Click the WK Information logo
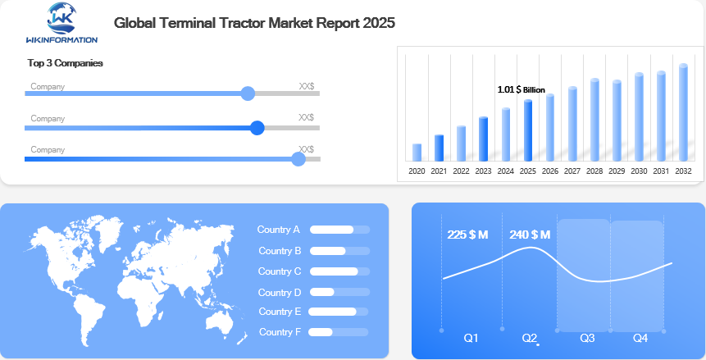click(x=61, y=22)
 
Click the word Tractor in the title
click(x=239, y=23)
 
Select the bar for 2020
click(x=417, y=152)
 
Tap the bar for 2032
click(x=683, y=112)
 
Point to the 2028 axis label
click(x=594, y=171)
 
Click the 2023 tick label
click(x=483, y=171)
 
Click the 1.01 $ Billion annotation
click(x=521, y=89)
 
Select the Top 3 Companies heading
click(x=65, y=63)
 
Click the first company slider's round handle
click(x=248, y=93)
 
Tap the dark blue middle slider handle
click(x=257, y=127)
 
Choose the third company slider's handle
click(x=298, y=159)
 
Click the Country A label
click(x=279, y=230)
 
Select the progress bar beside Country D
click(x=339, y=292)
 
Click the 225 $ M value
click(x=467, y=235)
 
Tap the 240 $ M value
click(x=530, y=235)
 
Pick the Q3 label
click(x=587, y=338)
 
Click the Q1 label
click(x=471, y=338)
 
